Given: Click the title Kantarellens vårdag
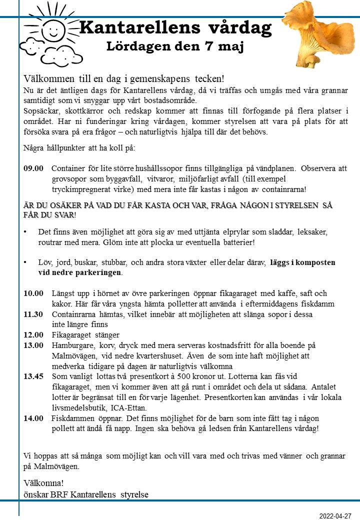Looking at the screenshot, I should click(175, 27).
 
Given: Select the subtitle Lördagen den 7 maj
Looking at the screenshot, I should click(175, 47).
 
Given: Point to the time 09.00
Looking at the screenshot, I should click(33, 168).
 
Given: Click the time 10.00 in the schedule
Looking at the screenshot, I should click(33, 293).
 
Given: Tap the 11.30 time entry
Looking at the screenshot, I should click(33, 314).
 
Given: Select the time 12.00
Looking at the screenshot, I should click(33, 335).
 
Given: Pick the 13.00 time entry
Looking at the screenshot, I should click(33, 345).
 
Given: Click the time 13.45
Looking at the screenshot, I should click(33, 376).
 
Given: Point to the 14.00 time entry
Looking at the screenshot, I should click(33, 418).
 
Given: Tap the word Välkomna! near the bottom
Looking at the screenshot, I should click(43, 483).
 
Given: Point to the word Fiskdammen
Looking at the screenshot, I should click(73, 418).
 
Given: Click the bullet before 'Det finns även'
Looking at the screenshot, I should click(25, 231).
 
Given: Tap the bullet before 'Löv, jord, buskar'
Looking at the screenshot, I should click(25, 262).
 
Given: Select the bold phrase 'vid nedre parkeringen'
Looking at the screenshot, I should click(80, 273).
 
